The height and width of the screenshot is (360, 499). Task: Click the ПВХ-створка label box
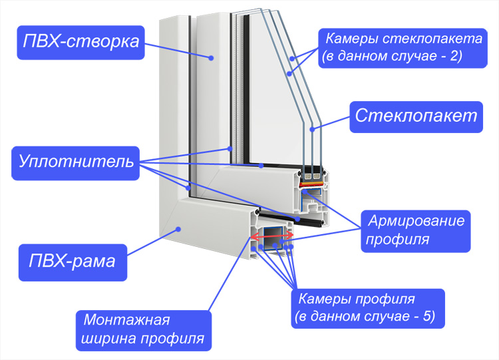(x=81, y=43)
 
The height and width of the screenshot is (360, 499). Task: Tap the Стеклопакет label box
(x=416, y=117)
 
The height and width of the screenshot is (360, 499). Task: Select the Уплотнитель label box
(x=75, y=163)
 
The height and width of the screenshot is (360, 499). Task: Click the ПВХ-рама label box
(x=73, y=262)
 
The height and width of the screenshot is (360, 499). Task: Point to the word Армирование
(x=416, y=220)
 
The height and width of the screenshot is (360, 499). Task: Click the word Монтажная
(x=126, y=320)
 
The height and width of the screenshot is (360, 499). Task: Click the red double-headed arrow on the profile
(x=272, y=236)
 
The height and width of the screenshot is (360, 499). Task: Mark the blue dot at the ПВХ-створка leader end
(x=211, y=58)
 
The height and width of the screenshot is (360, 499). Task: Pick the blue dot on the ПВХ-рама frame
(x=179, y=229)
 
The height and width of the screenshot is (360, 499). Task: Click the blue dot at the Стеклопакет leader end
(x=313, y=130)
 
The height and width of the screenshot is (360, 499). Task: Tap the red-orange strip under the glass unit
(x=312, y=184)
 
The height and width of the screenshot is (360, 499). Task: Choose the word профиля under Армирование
(x=397, y=240)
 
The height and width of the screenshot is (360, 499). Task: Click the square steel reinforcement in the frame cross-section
(x=272, y=238)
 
